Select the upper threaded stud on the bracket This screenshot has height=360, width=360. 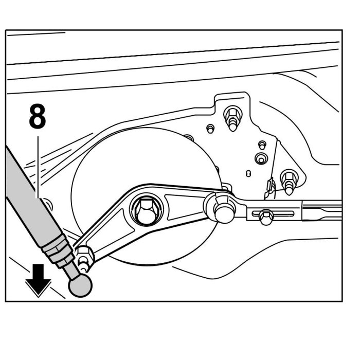[x=232, y=118]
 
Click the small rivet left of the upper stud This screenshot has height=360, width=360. [x=211, y=127]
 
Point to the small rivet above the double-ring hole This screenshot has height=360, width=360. [x=262, y=143]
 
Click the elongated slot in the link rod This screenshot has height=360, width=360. [x=278, y=212]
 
